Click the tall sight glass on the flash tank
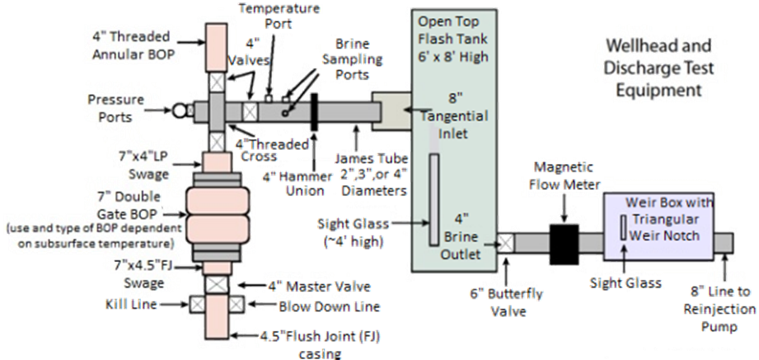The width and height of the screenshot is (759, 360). pyautogui.click(x=432, y=199)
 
